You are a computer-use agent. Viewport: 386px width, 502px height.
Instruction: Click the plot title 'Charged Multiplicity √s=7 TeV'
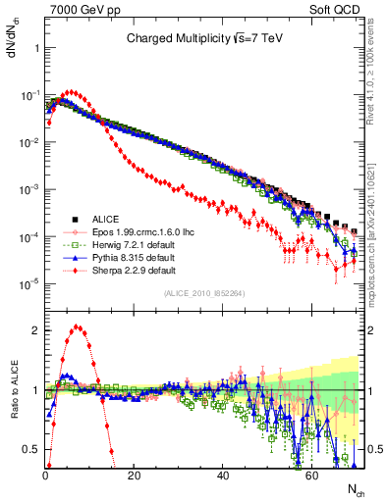(203, 39)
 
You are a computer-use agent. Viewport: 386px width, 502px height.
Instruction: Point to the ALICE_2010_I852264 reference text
(204, 293)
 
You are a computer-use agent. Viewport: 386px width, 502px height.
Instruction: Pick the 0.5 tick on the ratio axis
(32, 449)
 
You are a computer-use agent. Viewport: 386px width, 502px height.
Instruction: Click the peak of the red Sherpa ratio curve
(78, 328)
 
